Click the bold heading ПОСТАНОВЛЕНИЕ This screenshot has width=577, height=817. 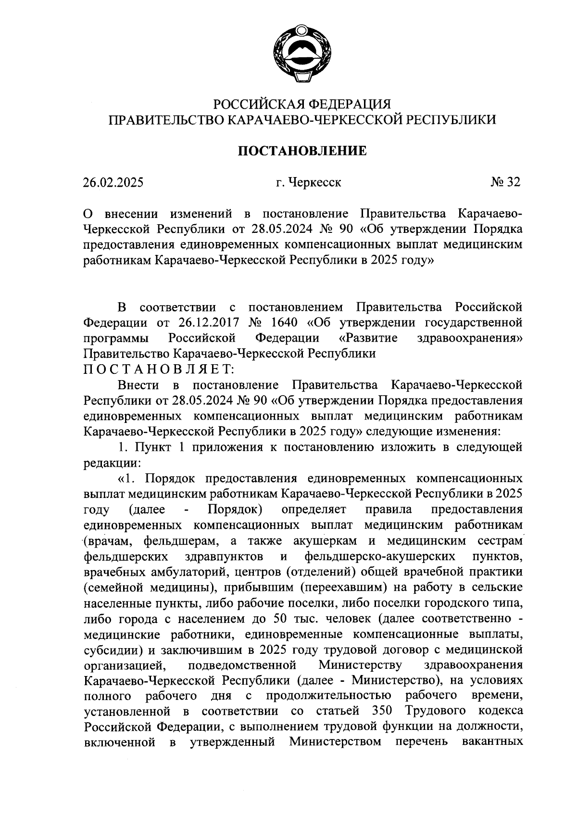(x=302, y=151)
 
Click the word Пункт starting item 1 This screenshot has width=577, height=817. (x=152, y=447)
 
